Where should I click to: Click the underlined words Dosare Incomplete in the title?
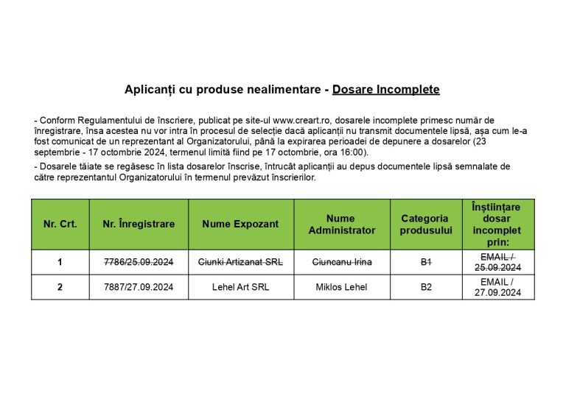pos(385,90)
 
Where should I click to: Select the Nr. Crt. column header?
pos(60,224)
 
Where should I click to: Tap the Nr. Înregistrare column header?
pos(139,224)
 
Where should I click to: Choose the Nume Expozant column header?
pos(240,224)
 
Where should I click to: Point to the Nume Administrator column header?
pos(341,224)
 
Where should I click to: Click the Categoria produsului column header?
pos(424,224)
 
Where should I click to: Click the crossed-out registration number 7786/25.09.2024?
pos(139,262)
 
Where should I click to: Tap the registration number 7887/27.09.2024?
pos(139,287)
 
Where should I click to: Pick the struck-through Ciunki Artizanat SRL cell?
pos(240,262)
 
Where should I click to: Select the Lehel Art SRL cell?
pos(240,287)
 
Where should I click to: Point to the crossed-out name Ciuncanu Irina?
pos(341,262)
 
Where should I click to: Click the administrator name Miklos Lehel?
pos(341,287)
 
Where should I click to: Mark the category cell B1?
pos(425,262)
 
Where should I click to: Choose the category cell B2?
pos(425,287)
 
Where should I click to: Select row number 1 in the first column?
pos(60,262)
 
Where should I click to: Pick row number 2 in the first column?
pos(60,287)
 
